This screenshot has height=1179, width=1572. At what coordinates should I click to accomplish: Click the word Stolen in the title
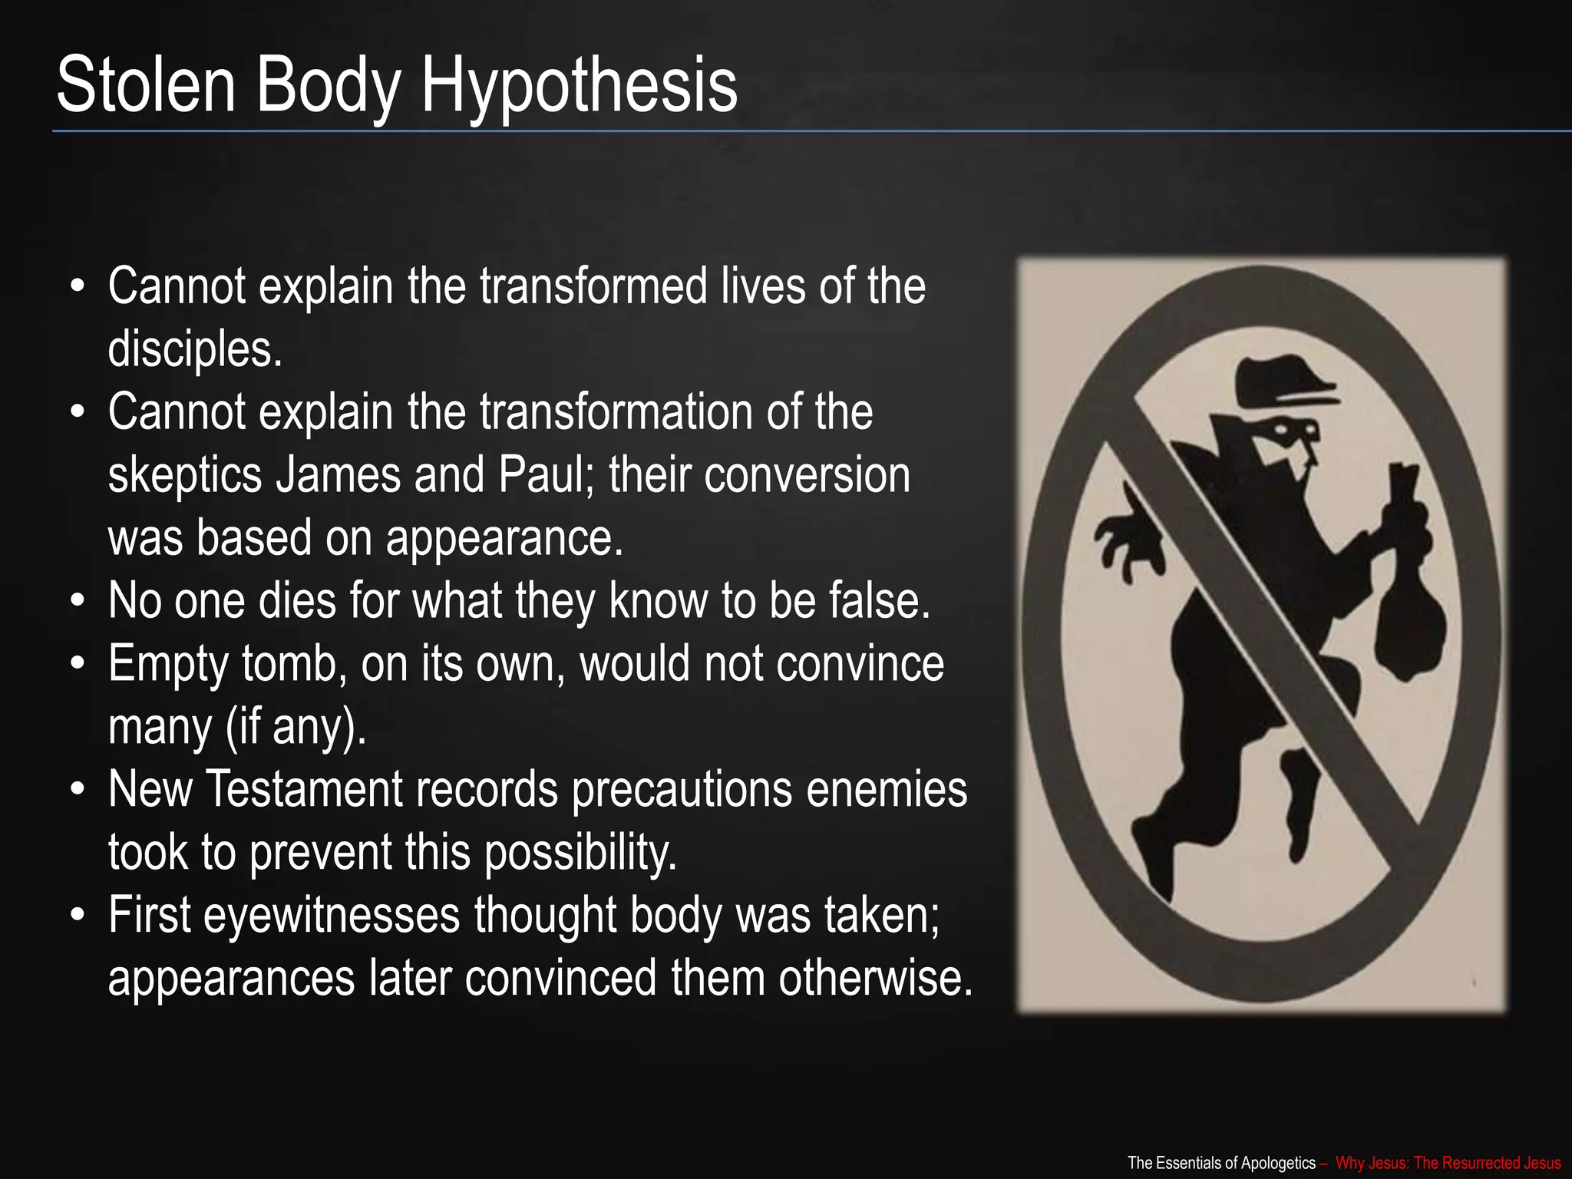146,84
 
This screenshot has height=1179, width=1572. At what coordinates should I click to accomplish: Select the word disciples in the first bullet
195,349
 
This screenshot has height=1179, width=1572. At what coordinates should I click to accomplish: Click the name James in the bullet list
339,475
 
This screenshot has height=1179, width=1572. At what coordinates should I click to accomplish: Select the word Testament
305,790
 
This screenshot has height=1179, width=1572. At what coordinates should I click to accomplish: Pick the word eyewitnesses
332,916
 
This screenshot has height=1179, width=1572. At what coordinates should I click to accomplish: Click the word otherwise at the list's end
875,979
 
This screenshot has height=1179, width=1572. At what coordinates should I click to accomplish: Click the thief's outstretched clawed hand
1125,537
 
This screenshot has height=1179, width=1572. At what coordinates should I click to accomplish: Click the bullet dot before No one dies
77,601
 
